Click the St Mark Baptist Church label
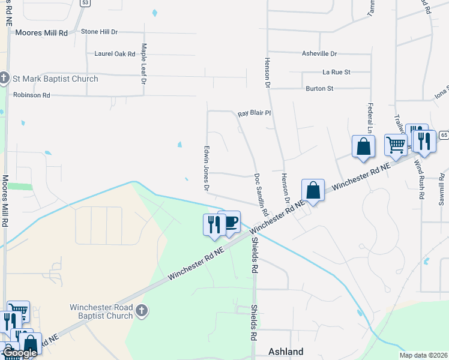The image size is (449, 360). click(x=55, y=79)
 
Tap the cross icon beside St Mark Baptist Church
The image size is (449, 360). click(x=4, y=78)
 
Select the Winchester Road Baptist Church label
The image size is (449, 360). click(x=100, y=311)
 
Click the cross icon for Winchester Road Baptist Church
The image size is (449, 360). click(x=141, y=310)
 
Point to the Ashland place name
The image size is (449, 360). click(x=285, y=352)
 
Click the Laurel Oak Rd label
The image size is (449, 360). click(x=115, y=54)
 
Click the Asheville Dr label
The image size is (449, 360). click(x=319, y=53)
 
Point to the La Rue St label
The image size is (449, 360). click(x=336, y=72)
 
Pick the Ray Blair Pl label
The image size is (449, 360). click(x=255, y=113)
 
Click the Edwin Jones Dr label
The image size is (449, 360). click(x=207, y=168)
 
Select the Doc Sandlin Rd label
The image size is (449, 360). click(x=261, y=196)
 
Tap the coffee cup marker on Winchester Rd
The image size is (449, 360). click(x=229, y=223)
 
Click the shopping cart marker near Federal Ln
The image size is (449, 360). click(x=395, y=145)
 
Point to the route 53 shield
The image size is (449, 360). click(x=85, y=3)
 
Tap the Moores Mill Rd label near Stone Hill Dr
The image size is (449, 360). click(x=42, y=32)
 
